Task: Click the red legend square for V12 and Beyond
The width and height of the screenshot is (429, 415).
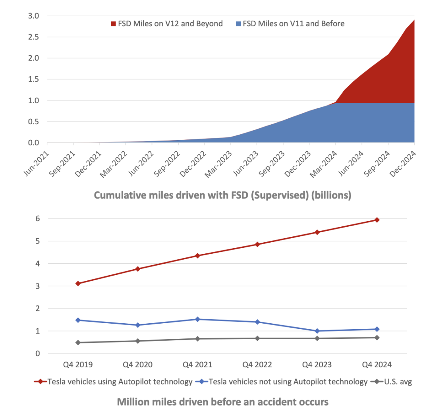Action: coord(113,24)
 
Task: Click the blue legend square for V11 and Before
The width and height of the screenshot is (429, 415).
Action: coord(238,24)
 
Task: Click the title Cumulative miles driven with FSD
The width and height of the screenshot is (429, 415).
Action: coord(222,196)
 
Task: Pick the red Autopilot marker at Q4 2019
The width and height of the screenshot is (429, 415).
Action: coord(78,284)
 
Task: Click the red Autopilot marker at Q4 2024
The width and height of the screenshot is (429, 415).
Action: coord(377,220)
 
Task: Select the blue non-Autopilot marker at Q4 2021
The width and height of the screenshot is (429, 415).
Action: coord(197,319)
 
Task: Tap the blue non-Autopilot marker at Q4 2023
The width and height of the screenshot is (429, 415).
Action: coord(317,331)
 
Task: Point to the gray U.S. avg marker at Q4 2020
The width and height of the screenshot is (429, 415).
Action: coord(138,341)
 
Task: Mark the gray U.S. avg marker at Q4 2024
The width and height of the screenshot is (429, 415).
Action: coord(377,338)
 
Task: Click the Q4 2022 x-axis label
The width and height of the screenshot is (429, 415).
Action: coord(257,365)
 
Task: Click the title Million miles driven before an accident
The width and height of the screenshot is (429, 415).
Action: coord(222,402)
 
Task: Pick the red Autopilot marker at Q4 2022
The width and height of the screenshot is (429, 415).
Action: coord(257,244)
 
